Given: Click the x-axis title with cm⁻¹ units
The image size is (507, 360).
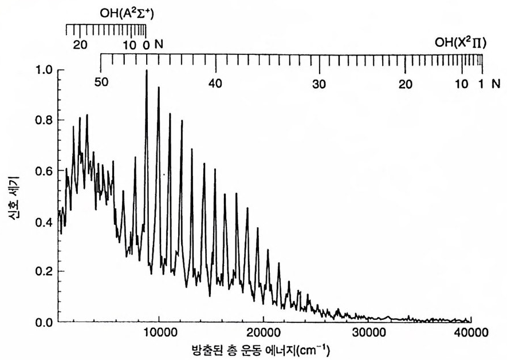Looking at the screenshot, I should point(264,349).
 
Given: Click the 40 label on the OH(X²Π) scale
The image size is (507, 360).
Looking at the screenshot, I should point(215,82).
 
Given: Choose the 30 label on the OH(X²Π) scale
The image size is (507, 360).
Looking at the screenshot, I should point(319,82).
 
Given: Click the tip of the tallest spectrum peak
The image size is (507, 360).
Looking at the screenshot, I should point(147,70).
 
